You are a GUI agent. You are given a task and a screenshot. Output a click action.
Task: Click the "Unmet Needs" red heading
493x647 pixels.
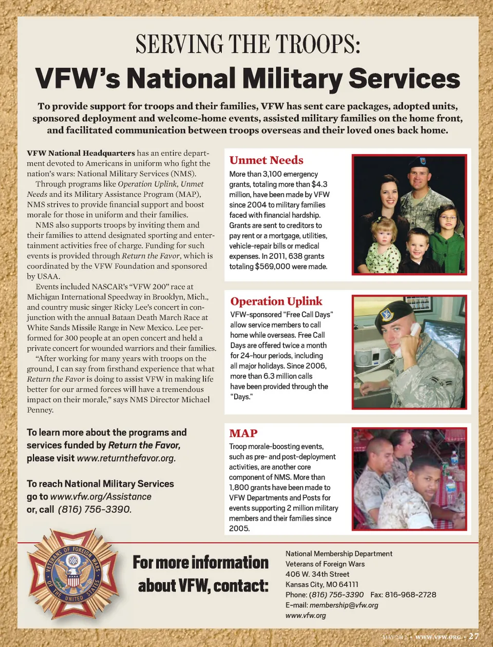tap(266, 160)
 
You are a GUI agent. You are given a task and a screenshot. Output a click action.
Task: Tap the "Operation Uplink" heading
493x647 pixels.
tap(276, 301)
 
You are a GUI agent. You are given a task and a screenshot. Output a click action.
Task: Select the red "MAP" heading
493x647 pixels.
tap(243, 433)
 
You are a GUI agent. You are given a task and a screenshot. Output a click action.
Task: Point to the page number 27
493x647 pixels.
tap(473, 636)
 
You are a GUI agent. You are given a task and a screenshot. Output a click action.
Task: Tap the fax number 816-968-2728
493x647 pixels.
tap(410, 595)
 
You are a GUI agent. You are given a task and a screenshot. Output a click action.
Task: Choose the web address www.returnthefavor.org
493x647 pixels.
tap(126, 458)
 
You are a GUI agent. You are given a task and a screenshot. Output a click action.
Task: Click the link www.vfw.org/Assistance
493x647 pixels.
tap(101, 497)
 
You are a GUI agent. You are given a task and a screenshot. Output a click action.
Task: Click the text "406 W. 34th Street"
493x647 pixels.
tap(317, 574)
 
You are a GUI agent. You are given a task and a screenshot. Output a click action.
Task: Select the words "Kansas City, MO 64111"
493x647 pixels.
tap(322, 584)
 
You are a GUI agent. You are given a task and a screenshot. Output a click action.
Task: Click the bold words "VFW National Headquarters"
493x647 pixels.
tap(81, 153)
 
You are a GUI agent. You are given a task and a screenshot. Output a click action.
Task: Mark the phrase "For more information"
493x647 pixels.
tap(200, 563)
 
